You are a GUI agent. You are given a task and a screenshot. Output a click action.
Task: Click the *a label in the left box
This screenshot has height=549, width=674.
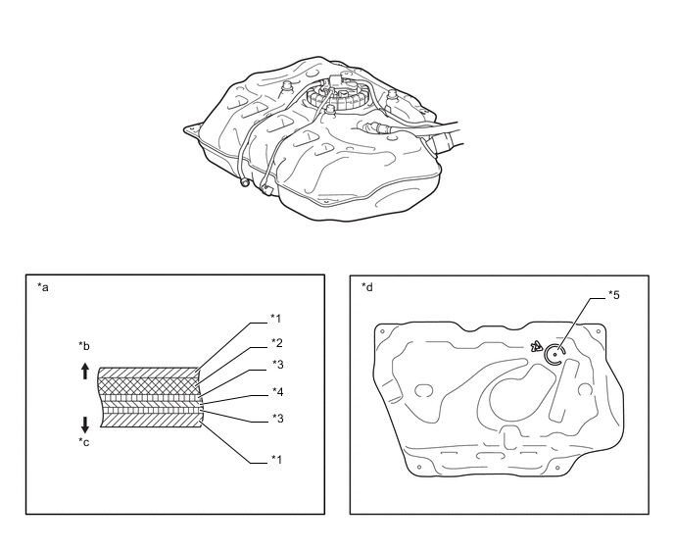[43, 287]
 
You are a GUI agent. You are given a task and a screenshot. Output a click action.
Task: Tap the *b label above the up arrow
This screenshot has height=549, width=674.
[84, 346]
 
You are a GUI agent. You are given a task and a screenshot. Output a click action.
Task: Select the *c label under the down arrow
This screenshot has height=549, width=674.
[84, 442]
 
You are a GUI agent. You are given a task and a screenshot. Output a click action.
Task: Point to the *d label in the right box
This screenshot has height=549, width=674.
[367, 287]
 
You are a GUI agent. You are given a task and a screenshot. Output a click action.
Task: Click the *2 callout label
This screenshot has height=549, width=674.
[277, 343]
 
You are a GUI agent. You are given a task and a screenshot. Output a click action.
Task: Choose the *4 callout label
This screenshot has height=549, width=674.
[277, 391]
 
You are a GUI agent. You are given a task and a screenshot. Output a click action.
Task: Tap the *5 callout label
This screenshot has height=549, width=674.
[614, 295]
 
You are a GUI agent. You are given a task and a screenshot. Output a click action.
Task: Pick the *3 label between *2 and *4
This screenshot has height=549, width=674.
[277, 365]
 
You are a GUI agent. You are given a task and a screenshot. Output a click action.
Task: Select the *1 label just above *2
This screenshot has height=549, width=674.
[275, 319]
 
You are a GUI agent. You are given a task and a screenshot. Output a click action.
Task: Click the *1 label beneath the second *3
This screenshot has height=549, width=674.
[276, 460]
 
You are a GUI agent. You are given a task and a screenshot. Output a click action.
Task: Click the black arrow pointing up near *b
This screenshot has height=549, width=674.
[85, 371]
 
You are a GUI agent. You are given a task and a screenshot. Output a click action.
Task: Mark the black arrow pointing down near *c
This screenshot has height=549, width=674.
[85, 424]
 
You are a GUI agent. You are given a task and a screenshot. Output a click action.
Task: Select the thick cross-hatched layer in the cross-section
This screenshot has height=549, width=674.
[149, 386]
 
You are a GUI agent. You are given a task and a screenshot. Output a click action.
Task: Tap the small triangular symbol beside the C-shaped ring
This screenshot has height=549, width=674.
[537, 346]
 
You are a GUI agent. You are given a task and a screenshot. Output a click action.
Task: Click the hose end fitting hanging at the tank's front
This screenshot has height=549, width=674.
[245, 183]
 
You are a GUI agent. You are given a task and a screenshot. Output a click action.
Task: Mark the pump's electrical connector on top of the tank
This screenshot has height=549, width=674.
[335, 81]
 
